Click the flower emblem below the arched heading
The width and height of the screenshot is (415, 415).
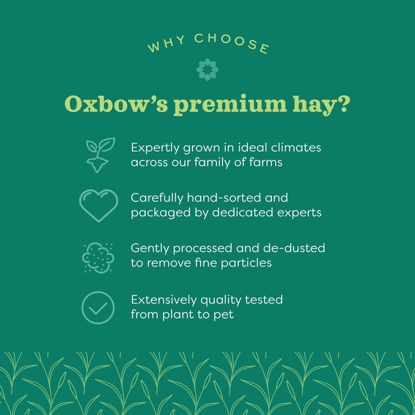tap(207, 70)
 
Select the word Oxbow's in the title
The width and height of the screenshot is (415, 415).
tap(116, 104)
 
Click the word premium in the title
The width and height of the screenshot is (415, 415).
tap(230, 105)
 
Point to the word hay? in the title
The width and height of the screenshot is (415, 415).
tap(320, 105)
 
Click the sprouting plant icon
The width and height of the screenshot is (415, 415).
tap(101, 155)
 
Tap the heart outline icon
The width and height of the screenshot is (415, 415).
tap(99, 205)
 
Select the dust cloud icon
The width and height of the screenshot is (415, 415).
tap(98, 258)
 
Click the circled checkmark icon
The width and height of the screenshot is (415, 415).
tap(98, 307)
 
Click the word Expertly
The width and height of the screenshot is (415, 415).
tap(155, 148)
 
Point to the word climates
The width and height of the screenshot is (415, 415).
tap(296, 148)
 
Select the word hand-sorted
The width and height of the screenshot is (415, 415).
tap(224, 198)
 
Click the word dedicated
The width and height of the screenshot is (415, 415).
tap(242, 212)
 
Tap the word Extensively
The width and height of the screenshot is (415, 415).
tap(164, 300)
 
